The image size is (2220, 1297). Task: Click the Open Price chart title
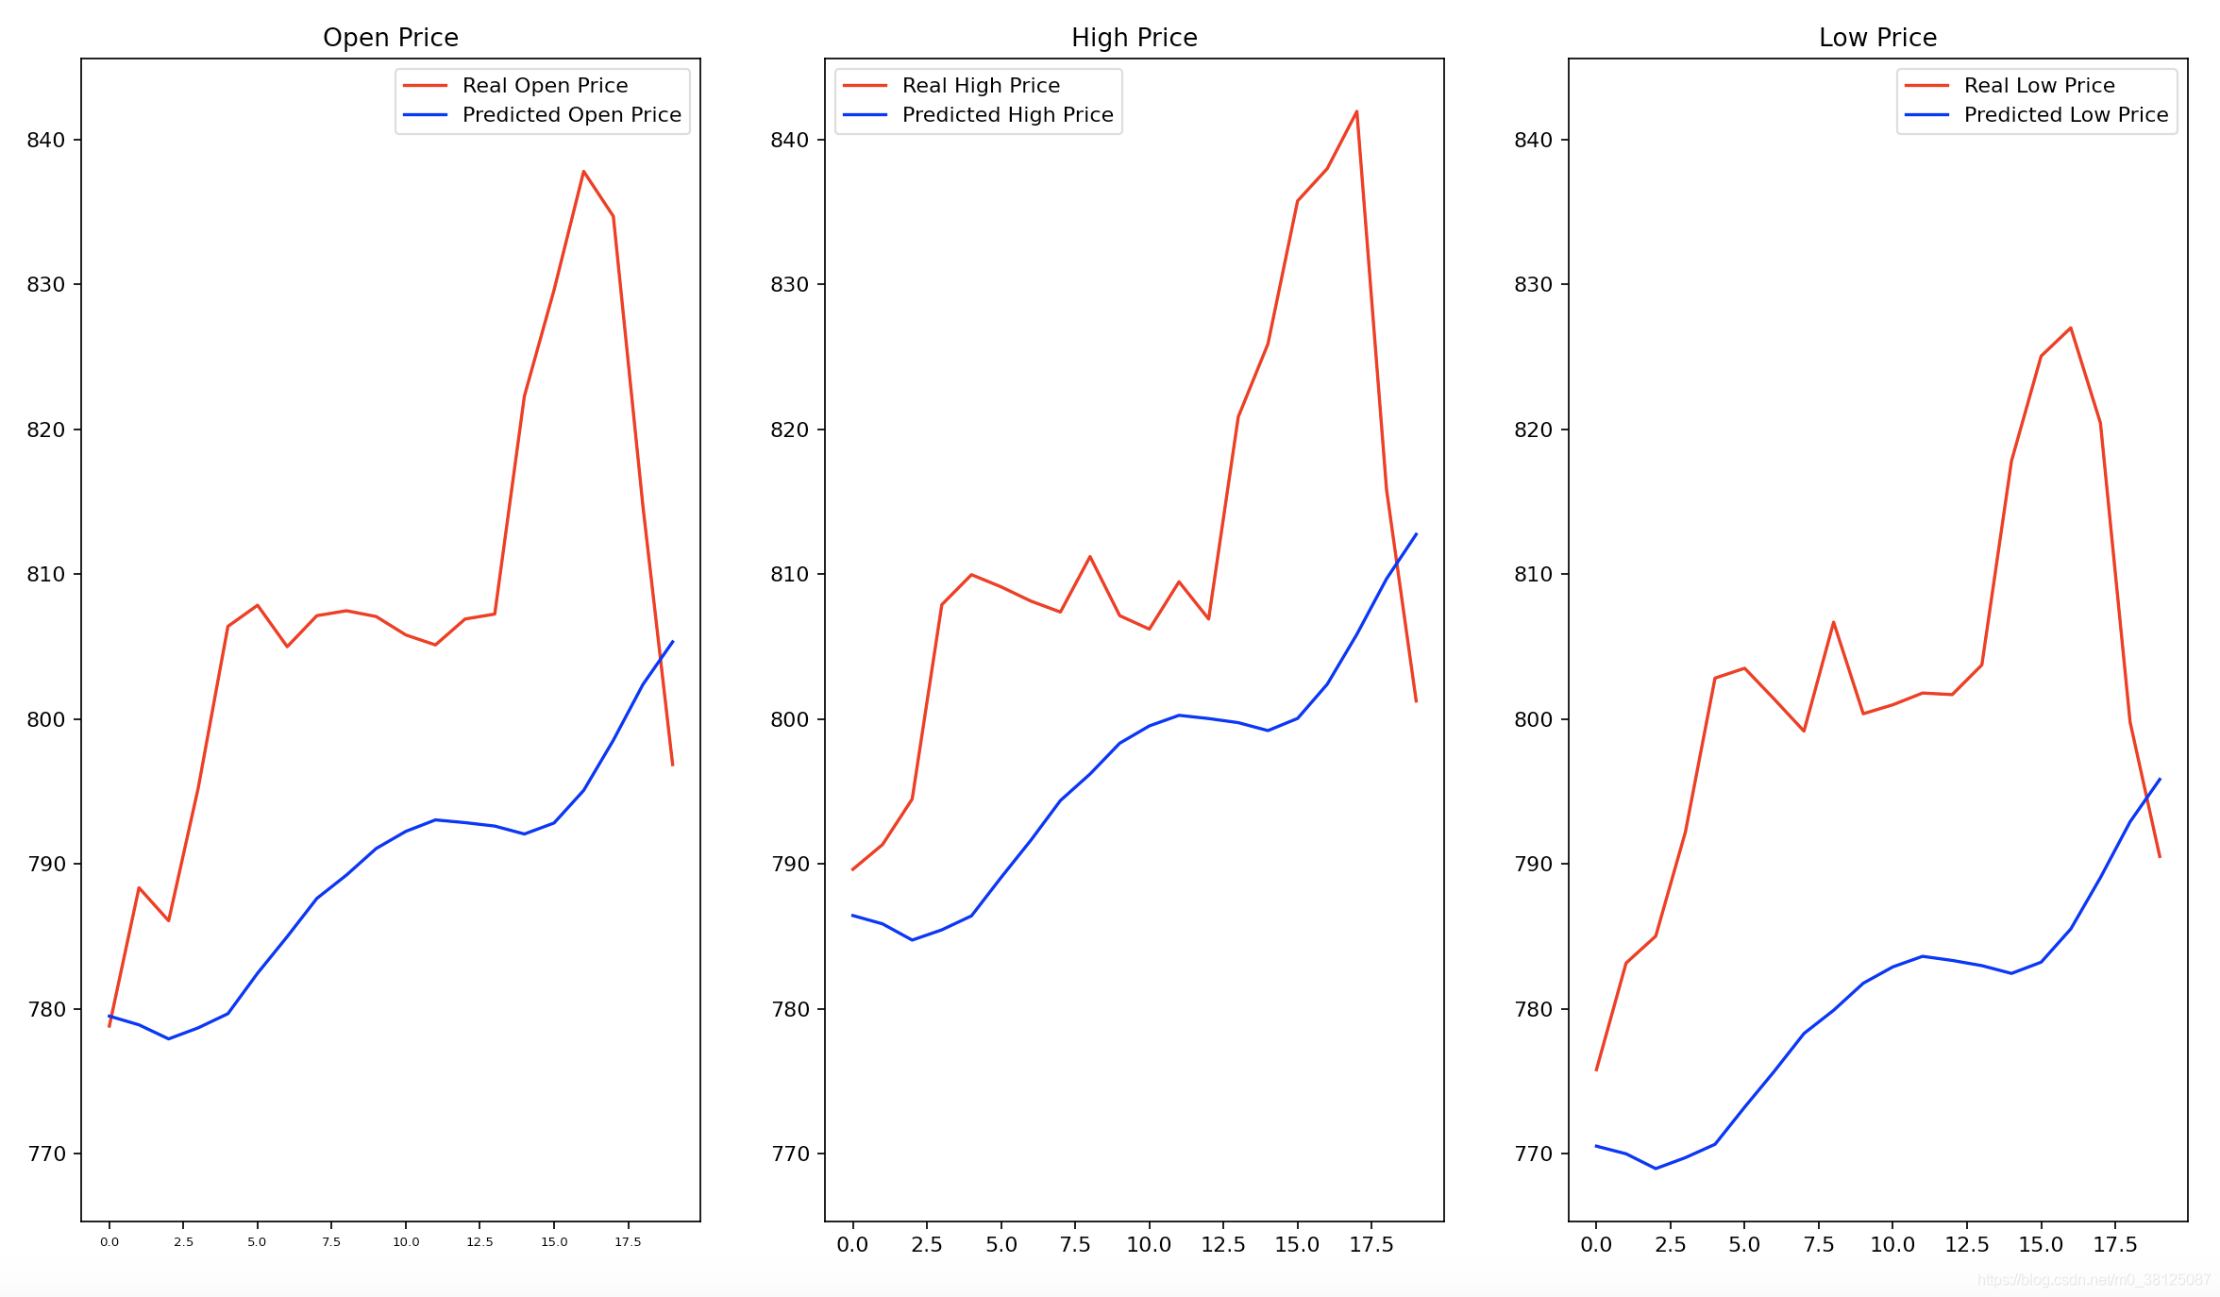390,38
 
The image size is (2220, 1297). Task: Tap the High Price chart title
1134,38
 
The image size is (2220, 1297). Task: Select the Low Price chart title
1877,38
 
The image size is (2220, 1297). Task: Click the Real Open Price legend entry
545,86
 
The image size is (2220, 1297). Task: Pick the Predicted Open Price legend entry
571,115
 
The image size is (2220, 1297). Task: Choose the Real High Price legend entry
981,86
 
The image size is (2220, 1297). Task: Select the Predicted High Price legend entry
1007,115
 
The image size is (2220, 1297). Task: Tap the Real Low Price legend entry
2039,86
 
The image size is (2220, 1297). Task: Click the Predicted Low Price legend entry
2065,115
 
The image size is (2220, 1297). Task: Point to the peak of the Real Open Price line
583,172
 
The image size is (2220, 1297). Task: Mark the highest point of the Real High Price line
1356,111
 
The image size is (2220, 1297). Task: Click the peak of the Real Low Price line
2071,328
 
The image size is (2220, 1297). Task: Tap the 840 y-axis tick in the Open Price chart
46,140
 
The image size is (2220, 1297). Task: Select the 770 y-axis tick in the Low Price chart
1533,1154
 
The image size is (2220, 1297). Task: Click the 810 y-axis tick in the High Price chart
790,574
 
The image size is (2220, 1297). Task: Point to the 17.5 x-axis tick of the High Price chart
1371,1245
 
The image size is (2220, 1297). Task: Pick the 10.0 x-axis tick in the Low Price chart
1892,1245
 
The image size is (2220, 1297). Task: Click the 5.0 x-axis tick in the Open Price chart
257,1242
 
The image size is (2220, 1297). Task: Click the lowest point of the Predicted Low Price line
1656,1169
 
